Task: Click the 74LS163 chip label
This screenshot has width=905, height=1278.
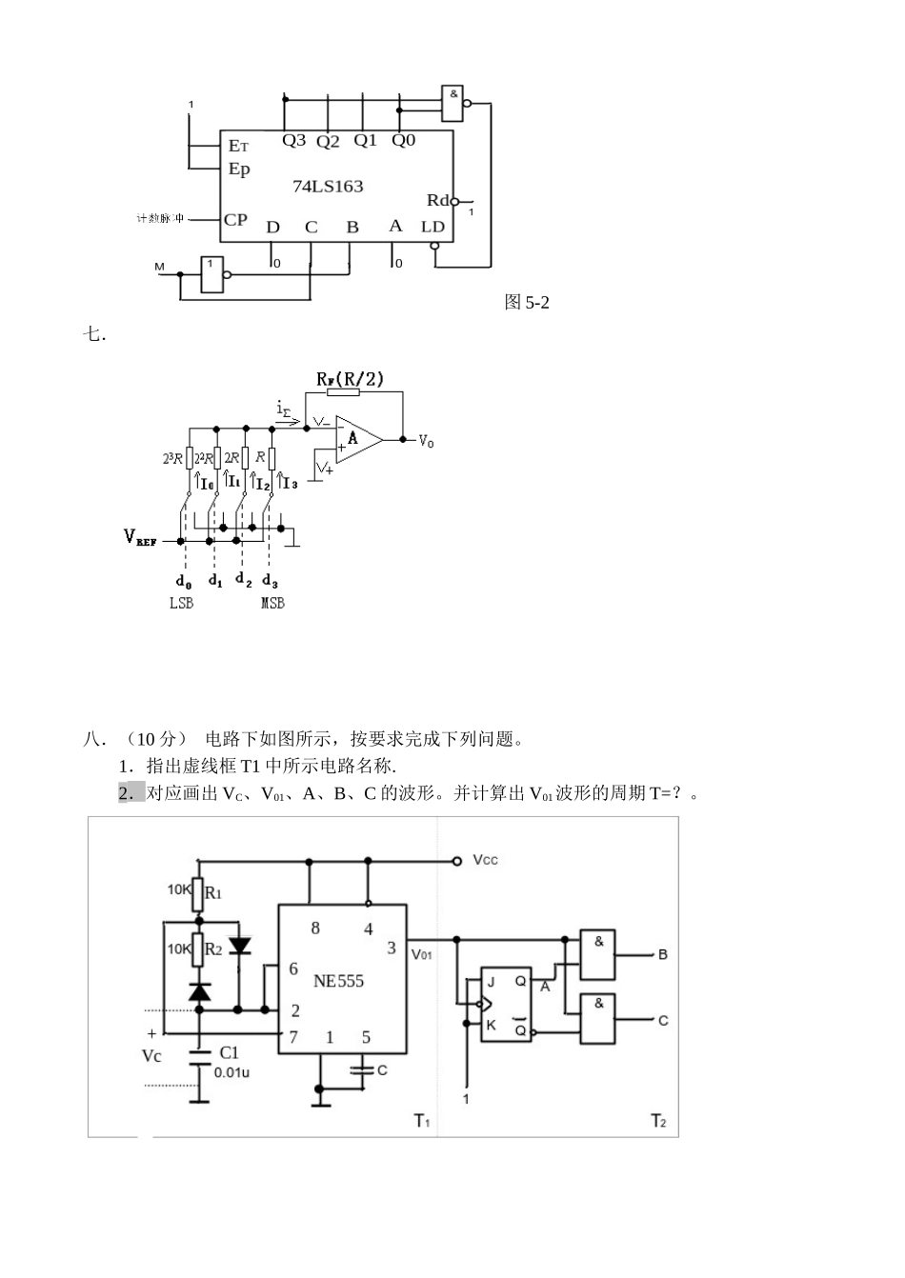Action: coord(327,187)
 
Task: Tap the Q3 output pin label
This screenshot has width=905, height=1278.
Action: coord(293,141)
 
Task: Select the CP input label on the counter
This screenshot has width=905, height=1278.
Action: coord(235,220)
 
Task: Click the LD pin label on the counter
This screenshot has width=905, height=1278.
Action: coord(432,227)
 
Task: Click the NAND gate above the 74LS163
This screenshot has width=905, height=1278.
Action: coord(452,103)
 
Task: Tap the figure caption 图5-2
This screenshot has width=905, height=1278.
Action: coord(527,303)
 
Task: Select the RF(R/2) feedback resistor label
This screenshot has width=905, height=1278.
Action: coord(350,379)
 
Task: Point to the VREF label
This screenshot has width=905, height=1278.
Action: coord(140,537)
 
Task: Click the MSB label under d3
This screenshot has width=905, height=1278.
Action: coord(272,603)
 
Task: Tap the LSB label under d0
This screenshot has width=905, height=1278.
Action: coord(181,603)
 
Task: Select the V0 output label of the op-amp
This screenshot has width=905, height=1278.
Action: coord(426,441)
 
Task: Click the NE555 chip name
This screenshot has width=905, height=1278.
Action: coord(338,981)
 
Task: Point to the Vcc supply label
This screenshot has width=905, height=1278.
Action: coord(485,860)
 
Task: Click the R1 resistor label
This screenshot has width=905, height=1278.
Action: coord(213,893)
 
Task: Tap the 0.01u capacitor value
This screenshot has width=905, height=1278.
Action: coord(232,1071)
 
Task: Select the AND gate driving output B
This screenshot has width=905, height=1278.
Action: coord(598,954)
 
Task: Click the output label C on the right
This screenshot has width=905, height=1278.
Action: coord(663,1020)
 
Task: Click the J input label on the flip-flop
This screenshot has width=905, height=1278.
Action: coord(492,982)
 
